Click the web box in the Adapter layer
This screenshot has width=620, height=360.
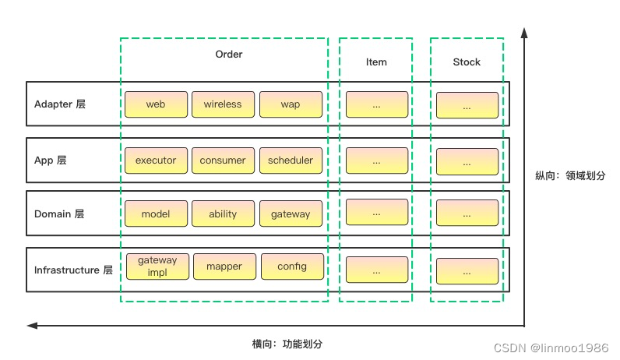pyautogui.click(x=156, y=104)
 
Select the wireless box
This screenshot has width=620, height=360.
pyautogui.click(x=223, y=104)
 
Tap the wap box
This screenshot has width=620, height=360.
pyautogui.click(x=291, y=104)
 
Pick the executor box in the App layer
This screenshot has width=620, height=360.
pyautogui.click(x=156, y=161)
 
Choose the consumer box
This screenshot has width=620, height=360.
pyautogui.click(x=223, y=161)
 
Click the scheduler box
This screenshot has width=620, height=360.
pyautogui.click(x=291, y=161)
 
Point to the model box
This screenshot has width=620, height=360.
pyautogui.click(x=156, y=214)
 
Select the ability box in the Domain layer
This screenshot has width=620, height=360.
pyautogui.click(x=223, y=214)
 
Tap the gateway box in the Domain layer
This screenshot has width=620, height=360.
pyautogui.click(x=291, y=214)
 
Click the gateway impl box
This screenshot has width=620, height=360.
pyautogui.click(x=157, y=266)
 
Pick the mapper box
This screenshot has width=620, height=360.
pyautogui.click(x=224, y=266)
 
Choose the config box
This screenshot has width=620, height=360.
pyautogui.click(x=292, y=266)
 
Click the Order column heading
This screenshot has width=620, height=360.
pyautogui.click(x=229, y=55)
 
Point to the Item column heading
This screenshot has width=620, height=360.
pyautogui.click(x=376, y=62)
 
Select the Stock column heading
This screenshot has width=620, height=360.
pyautogui.click(x=467, y=62)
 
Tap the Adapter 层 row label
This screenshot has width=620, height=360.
pyautogui.click(x=60, y=104)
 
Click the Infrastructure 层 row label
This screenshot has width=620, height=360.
pyautogui.click(x=73, y=270)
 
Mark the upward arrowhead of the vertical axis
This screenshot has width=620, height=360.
pyautogui.click(x=524, y=33)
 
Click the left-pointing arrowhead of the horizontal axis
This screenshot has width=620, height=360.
pyautogui.click(x=32, y=326)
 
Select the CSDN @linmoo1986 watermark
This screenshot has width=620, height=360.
pyautogui.click(x=551, y=348)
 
